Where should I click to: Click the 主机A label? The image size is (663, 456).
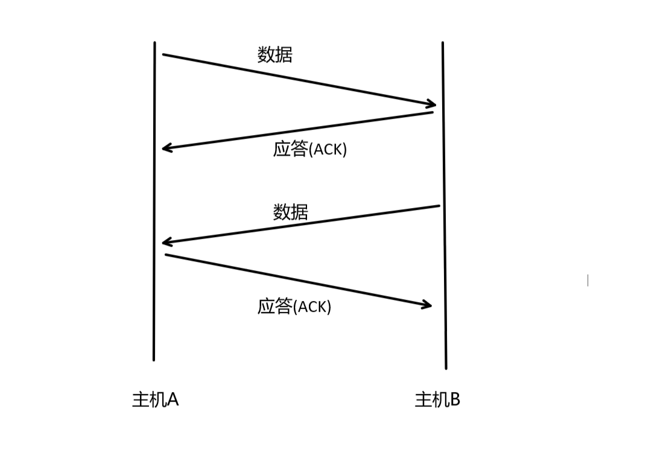155,399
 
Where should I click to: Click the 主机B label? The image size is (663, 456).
437,399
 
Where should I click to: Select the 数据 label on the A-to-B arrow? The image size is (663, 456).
274,55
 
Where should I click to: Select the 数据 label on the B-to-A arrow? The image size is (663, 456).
290,212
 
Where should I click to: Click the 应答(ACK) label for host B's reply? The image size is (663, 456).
309,149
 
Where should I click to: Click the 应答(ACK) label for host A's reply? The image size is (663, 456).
294,306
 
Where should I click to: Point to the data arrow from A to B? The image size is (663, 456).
299,80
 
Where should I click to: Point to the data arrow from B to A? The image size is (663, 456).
302,224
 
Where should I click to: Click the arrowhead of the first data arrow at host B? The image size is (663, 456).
430,104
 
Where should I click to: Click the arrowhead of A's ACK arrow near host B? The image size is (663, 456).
427,305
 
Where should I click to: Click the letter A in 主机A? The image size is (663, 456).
171,399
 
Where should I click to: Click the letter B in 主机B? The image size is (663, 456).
454,399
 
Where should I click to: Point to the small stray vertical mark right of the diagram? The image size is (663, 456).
588,280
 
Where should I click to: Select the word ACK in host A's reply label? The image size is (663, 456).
312,307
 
